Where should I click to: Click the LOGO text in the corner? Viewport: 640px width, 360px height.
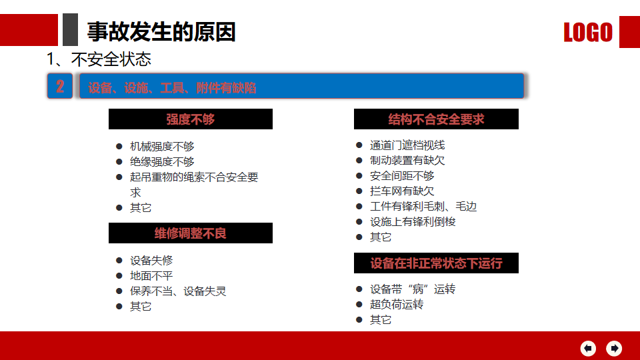coord(588,32)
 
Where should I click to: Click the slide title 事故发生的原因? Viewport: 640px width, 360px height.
coord(161,32)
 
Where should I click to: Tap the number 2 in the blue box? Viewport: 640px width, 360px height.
coord(60,86)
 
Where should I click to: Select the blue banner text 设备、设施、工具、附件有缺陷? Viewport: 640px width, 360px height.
coord(172,88)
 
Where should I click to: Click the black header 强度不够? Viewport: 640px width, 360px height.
coord(191,119)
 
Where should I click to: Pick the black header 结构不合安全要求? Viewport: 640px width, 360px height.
coord(436,119)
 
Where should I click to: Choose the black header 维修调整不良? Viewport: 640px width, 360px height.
coord(191,233)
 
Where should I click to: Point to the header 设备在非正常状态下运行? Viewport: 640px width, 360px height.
coord(436,263)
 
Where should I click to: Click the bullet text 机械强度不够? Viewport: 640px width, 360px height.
coord(162,146)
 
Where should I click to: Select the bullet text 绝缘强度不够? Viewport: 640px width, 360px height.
coord(162,161)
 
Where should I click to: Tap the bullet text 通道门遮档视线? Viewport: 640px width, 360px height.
coord(407,145)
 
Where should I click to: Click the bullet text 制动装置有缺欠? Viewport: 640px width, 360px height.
coord(407,161)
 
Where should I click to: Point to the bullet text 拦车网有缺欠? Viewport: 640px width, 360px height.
coord(402,191)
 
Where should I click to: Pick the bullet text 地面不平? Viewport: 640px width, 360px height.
coord(151,276)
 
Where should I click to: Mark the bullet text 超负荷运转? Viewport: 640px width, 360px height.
coord(397,305)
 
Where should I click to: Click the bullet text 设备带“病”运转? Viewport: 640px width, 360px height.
coord(413,289)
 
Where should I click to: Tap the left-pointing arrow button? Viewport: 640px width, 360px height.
coord(588,348)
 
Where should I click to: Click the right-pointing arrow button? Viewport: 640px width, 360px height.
coord(614,348)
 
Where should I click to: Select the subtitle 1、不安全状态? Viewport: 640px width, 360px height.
coord(99,59)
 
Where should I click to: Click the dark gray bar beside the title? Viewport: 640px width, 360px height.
coord(70,30)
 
